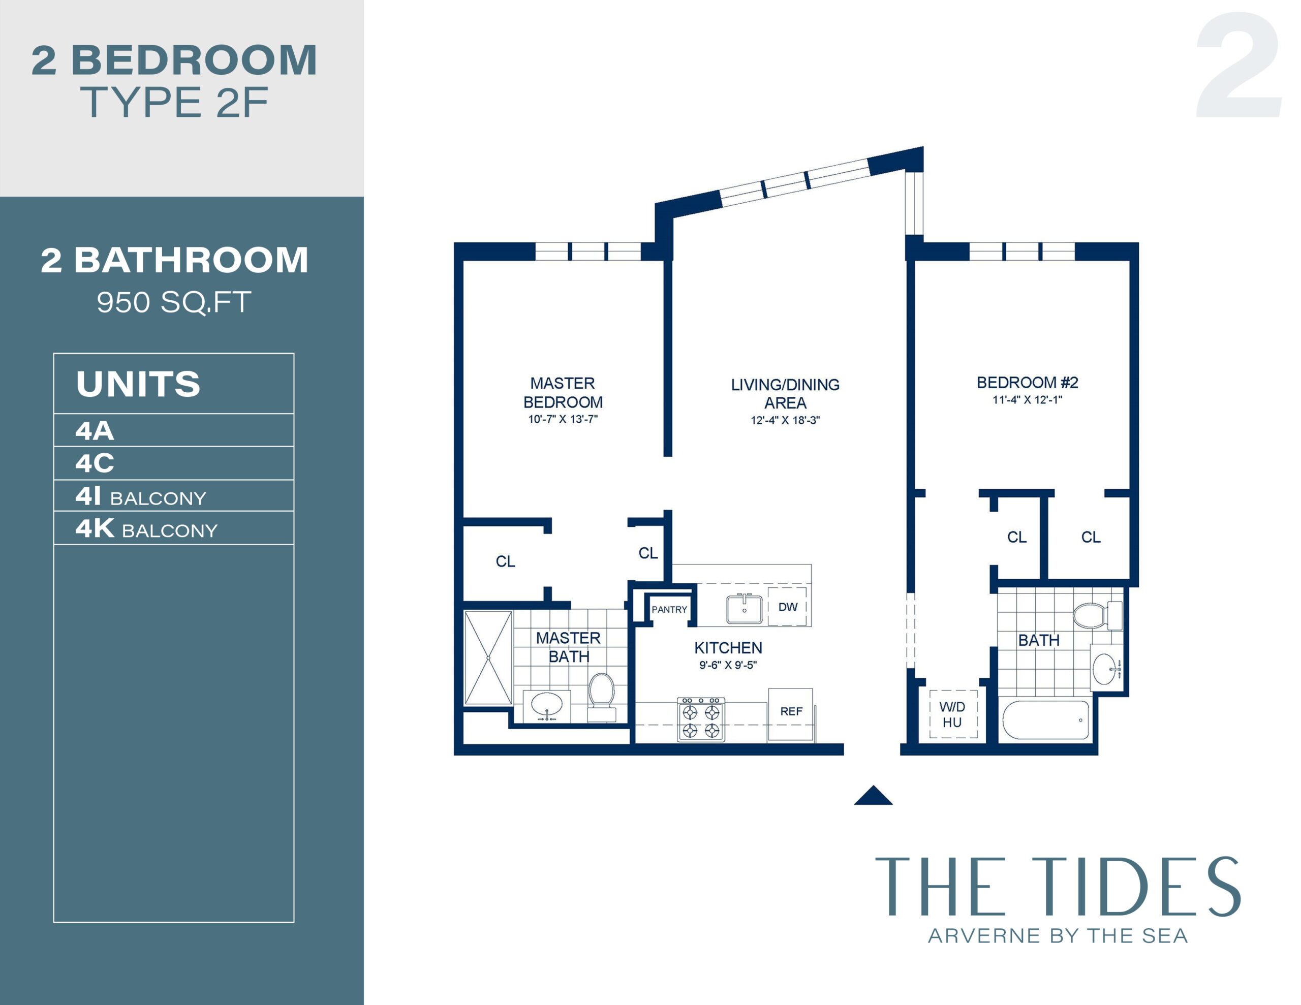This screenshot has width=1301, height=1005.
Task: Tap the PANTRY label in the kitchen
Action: [x=669, y=609]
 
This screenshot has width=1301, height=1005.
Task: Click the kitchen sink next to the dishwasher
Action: [x=744, y=609]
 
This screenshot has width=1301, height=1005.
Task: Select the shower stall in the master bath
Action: [x=488, y=657]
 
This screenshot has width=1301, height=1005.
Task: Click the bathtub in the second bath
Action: [x=1046, y=719]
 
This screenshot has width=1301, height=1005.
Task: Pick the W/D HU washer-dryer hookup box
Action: [x=952, y=714]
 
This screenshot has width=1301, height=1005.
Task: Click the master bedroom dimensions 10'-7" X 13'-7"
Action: [x=563, y=419]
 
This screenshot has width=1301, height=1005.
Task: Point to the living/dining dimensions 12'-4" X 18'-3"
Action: [x=785, y=420]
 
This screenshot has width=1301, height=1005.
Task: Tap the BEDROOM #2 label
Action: [x=1027, y=383]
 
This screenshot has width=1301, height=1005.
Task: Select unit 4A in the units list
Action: [x=95, y=431]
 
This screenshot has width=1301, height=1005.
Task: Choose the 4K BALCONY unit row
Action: [x=146, y=528]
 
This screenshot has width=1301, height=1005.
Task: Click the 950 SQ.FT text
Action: [x=173, y=302]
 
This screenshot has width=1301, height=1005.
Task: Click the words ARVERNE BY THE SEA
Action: [x=1058, y=936]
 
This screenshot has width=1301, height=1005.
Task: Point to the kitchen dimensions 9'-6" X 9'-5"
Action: [x=727, y=665]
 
